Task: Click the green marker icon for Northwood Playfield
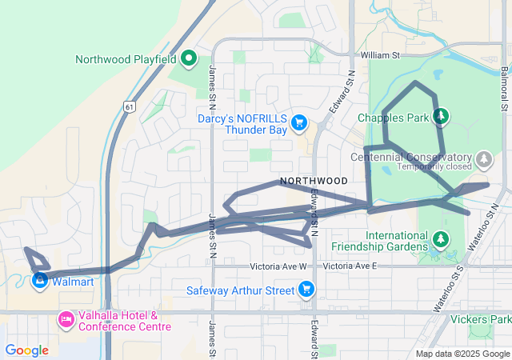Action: click(189, 58)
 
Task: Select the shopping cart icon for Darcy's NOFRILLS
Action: click(299, 122)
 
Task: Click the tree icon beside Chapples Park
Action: click(439, 117)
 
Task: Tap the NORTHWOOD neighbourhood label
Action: click(314, 181)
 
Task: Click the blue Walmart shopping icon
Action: click(38, 281)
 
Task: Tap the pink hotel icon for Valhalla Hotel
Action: click(66, 321)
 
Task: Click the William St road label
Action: click(379, 55)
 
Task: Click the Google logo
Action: click(26, 350)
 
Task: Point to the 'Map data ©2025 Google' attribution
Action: click(462, 354)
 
